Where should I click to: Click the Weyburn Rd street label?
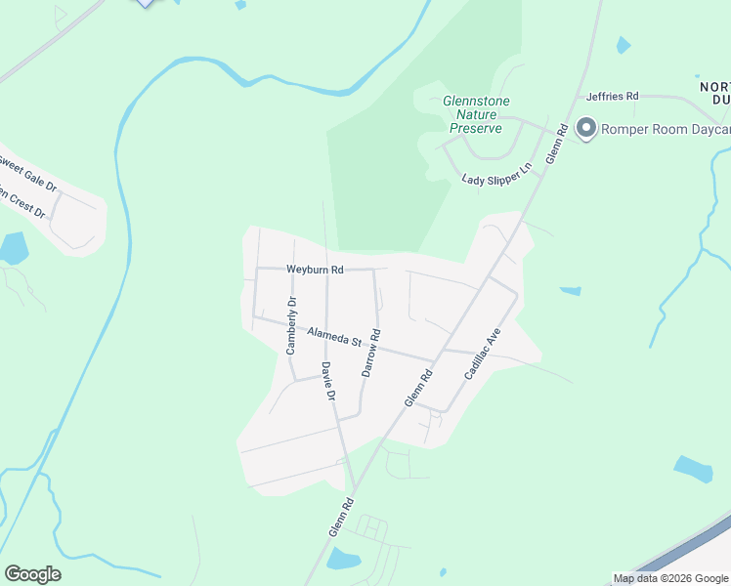(x=315, y=270)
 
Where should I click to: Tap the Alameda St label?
(x=334, y=337)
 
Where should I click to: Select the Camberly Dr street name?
(x=290, y=325)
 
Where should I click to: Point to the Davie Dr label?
(x=328, y=382)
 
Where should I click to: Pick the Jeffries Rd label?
(x=612, y=97)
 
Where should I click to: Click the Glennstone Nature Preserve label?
(x=476, y=114)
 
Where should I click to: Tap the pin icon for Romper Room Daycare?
(x=586, y=129)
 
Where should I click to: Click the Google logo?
(x=32, y=574)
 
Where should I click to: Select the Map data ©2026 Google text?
(x=670, y=578)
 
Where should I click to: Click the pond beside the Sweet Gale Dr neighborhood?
(x=13, y=249)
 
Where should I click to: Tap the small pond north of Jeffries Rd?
(x=623, y=45)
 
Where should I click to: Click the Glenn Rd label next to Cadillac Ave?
(x=418, y=389)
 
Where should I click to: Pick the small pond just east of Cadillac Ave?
(x=570, y=291)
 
